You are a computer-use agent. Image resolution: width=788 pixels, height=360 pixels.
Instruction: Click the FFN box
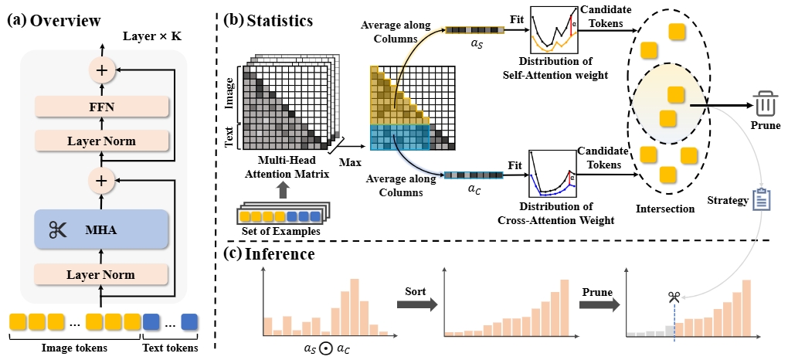tap(100, 107)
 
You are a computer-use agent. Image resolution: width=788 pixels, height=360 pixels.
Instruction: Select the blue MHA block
tap(100, 229)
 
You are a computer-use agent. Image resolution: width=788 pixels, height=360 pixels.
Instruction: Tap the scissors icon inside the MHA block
tap(57, 229)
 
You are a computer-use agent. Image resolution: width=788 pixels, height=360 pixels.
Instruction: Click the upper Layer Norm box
tap(100, 141)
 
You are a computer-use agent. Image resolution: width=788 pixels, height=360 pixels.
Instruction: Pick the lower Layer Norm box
tap(100, 275)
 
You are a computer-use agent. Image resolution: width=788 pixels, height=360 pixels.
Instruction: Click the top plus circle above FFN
tap(101, 70)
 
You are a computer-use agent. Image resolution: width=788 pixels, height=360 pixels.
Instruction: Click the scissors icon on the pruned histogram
tap(674, 297)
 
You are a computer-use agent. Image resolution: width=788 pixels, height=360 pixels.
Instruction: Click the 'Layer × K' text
tap(148, 37)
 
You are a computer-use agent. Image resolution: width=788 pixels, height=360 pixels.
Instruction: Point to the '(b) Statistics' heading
tap(269, 20)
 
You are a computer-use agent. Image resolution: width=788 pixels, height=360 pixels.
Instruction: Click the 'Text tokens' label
tap(171, 348)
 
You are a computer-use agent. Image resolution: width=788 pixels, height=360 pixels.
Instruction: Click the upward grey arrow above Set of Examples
tap(282, 191)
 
